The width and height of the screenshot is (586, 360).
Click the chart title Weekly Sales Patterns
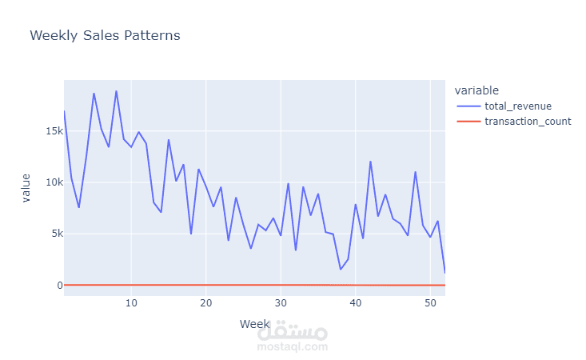coord(105,36)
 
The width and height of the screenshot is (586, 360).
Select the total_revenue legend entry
coord(518,106)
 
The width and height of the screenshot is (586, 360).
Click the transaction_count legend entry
coord(528,122)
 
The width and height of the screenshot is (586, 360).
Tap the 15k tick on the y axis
coord(53,131)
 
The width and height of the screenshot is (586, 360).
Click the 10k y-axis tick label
coord(53,182)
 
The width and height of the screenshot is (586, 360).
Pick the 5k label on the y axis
coord(54,234)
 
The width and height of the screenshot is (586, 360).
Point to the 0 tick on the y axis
coord(58,286)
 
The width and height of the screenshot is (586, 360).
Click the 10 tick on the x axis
coord(131,303)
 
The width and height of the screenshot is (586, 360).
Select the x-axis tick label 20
coord(205,303)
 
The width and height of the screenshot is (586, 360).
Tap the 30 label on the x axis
coord(280,303)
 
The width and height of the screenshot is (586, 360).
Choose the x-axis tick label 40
coord(355,303)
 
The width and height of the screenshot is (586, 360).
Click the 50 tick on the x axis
coord(429,303)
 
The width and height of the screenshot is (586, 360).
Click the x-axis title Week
coord(254,323)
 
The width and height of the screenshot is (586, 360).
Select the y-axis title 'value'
coord(26,188)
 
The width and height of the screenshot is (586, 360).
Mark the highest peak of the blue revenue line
coord(116,91)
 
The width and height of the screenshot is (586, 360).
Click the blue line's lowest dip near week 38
coord(340,269)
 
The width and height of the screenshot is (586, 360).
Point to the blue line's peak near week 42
coord(370,162)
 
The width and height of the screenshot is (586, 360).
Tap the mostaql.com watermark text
coord(293,346)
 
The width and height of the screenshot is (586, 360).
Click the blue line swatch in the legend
coord(468,106)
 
